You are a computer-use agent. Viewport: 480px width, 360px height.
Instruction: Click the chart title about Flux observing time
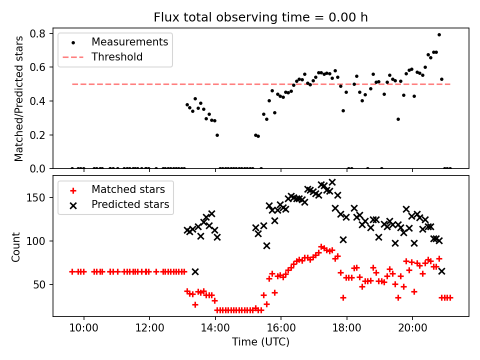tap(260, 17)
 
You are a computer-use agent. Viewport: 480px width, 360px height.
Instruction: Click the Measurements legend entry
tap(129, 42)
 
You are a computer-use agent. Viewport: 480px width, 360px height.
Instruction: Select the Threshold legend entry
tap(117, 57)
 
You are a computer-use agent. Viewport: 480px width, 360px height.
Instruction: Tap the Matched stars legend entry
tap(128, 189)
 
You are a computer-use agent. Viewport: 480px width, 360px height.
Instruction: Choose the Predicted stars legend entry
tap(130, 204)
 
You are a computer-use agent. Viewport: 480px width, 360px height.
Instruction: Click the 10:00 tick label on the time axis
tap(84, 328)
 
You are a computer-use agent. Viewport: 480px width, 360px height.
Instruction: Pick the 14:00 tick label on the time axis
tap(215, 328)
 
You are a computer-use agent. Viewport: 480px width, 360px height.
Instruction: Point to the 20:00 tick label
tap(412, 328)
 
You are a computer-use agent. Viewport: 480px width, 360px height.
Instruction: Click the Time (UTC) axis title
tap(260, 342)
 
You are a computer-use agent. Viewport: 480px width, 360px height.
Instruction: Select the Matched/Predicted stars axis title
tap(19, 98)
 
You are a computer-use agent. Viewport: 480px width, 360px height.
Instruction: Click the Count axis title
tap(16, 246)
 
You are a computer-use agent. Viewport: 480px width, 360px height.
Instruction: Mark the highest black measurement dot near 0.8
tap(439, 35)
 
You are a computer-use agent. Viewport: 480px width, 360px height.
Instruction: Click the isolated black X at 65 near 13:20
tap(195, 271)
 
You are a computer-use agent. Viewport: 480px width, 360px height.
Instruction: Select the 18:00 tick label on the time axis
tap(347, 328)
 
